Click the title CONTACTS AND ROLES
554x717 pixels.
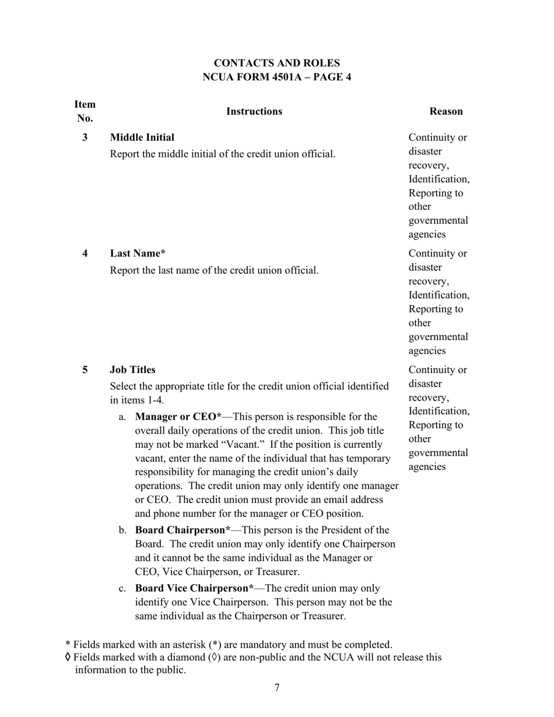[276, 63]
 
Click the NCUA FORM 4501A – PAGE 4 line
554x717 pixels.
[276, 77]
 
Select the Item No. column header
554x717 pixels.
[85, 111]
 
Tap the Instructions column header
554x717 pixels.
[254, 111]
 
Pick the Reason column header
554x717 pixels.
[446, 111]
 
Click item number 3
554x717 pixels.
[85, 138]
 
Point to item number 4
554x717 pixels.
[85, 254]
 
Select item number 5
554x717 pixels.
[85, 370]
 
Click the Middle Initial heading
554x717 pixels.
[142, 138]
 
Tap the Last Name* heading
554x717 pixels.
[138, 254]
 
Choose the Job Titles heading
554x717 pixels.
[132, 370]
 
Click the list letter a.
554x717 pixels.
[122, 417]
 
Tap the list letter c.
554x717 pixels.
[122, 588]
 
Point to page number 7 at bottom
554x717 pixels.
[277, 688]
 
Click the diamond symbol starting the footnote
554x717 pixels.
[68, 658]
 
